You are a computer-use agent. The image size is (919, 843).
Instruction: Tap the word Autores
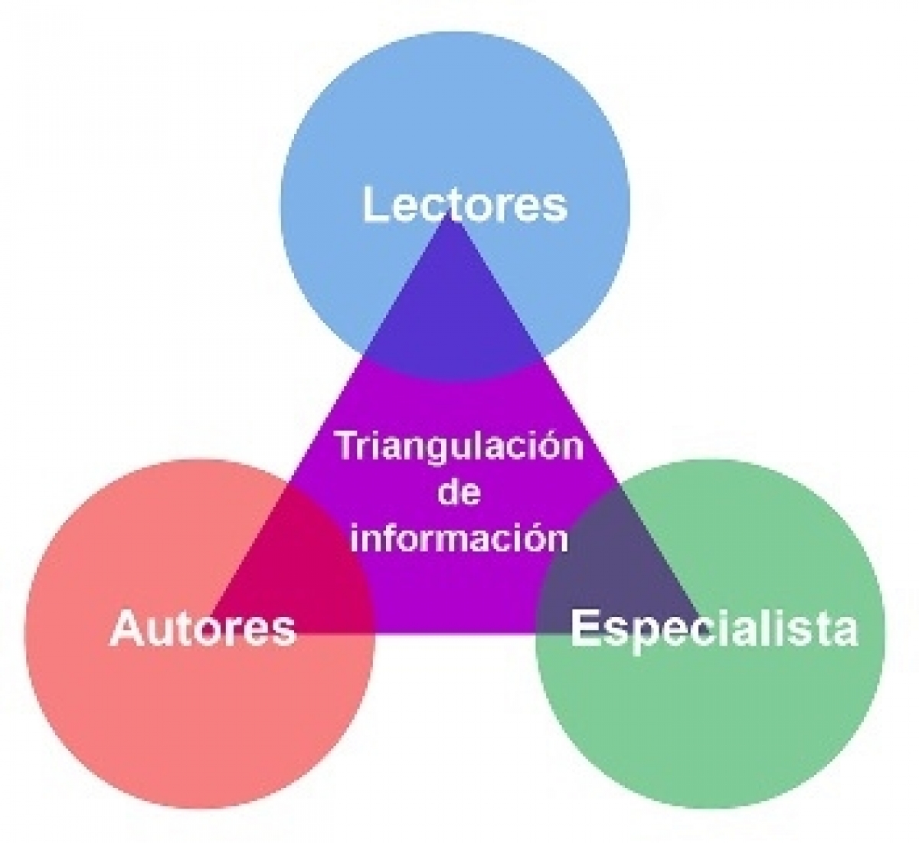[202, 629]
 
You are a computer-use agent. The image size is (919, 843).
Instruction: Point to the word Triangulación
[460, 446]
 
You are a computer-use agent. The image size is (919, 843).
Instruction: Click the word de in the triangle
[459, 492]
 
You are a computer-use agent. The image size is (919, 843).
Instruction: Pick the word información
[459, 537]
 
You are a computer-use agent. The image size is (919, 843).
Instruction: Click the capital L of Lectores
[374, 204]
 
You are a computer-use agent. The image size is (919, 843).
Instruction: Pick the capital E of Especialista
[584, 627]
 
